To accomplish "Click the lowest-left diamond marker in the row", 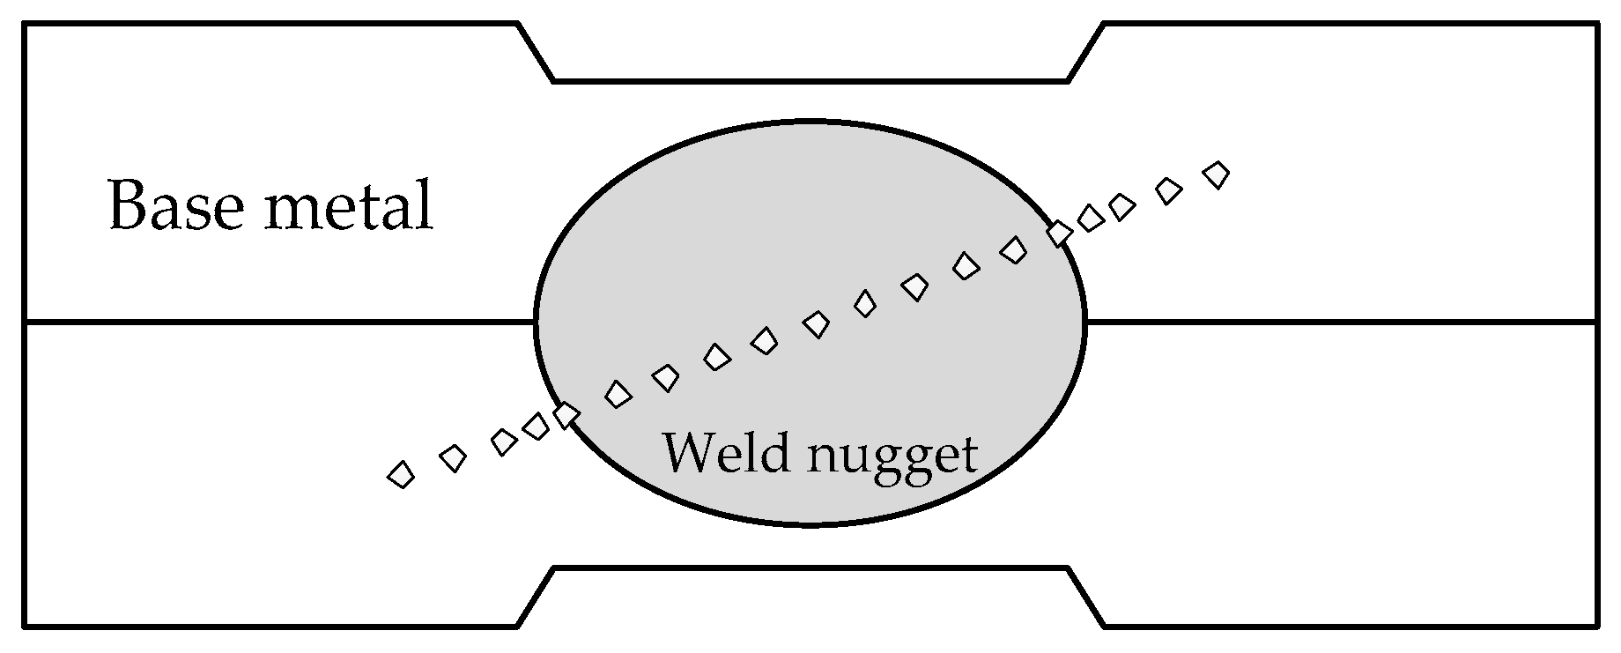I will pos(401,475).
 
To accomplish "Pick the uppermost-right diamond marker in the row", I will pos(1217,174).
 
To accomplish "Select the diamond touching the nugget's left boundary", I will pos(566,413).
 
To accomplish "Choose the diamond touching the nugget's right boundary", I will pos(1059,234).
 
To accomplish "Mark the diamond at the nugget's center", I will pos(816,325).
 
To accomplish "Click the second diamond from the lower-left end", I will pos(453,457).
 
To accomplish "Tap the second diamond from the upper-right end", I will pos(1168,190).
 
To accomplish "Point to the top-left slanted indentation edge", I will pos(536,53).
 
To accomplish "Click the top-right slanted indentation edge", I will pos(1086,53).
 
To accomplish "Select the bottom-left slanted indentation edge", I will pos(536,597).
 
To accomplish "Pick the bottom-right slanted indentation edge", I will pos(1086,597).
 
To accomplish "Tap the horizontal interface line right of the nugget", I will pos(1339,323).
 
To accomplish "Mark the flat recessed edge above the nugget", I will pos(810,81).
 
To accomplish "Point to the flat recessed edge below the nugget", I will pos(810,568).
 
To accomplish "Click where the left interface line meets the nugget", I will pos(536,323).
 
